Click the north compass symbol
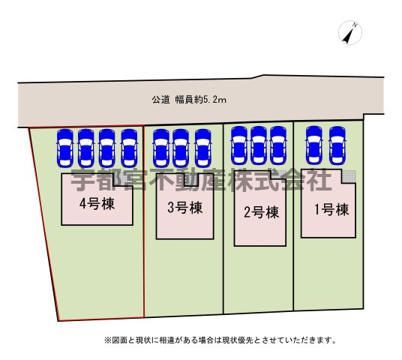point(350,32)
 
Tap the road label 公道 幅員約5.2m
point(189,100)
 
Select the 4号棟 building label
point(97,204)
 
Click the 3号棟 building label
point(184,207)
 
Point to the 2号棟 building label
point(261,212)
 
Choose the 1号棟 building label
point(331,209)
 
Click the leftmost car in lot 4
point(64,148)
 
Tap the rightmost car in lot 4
point(130,148)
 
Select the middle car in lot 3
point(181,148)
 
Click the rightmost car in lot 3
point(203,148)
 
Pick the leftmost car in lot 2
point(239,145)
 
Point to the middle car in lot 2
point(259,145)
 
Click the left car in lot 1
point(314,145)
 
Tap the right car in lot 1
point(337,145)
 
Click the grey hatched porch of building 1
point(349,176)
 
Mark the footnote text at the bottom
point(220,340)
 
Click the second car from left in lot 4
point(86,148)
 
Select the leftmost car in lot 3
point(161,148)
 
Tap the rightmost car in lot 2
point(278,145)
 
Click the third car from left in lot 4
point(107,148)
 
